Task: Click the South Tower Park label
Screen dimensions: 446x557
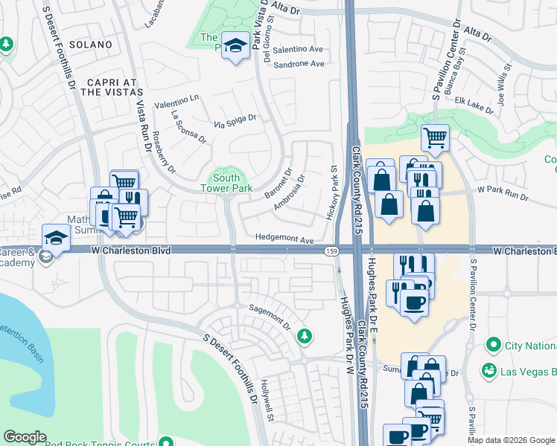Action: pos(226,183)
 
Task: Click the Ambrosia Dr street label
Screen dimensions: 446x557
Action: pos(289,193)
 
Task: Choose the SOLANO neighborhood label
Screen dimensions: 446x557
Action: pos(90,45)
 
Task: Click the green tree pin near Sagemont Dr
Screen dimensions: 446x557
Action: pos(304,337)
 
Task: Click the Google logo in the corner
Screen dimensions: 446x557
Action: pos(25,437)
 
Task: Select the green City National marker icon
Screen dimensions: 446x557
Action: pos(491,345)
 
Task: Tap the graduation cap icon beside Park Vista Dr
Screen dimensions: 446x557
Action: pos(236,47)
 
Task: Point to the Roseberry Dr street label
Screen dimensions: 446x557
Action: pos(163,152)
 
